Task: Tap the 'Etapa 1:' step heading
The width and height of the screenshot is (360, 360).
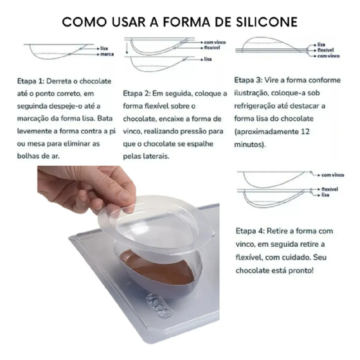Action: [30, 81]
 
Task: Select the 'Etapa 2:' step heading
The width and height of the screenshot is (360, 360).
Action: [136, 93]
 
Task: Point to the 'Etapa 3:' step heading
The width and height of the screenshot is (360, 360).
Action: [248, 80]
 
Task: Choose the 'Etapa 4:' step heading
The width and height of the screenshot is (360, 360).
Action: [250, 231]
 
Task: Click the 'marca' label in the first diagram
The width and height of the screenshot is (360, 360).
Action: [107, 54]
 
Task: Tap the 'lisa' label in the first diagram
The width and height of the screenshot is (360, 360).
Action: [104, 48]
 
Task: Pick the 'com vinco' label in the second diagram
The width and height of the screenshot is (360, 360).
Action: [215, 42]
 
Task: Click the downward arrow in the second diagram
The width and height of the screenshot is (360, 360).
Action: [127, 49]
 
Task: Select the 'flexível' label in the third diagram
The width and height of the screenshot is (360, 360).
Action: [325, 50]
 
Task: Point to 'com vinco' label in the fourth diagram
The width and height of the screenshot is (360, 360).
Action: [333, 175]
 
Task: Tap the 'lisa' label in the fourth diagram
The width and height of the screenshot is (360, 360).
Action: [325, 195]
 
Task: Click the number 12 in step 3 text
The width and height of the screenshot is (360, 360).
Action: [305, 132]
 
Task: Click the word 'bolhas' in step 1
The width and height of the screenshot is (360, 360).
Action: [28, 156]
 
